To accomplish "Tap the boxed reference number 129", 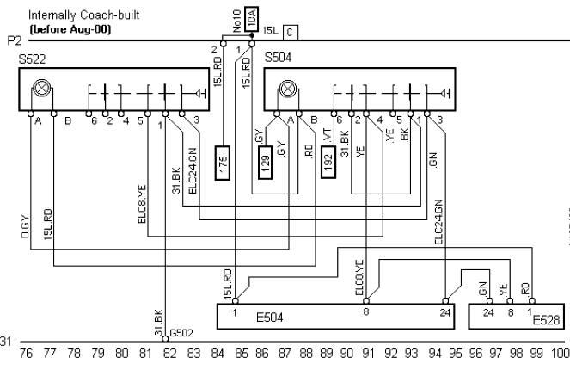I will coord(267,161).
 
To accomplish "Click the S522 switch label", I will coord(32,59).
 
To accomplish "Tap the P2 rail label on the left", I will coord(12,40).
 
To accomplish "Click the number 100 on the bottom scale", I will coord(561,353).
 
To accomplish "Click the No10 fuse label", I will coord(236,17).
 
